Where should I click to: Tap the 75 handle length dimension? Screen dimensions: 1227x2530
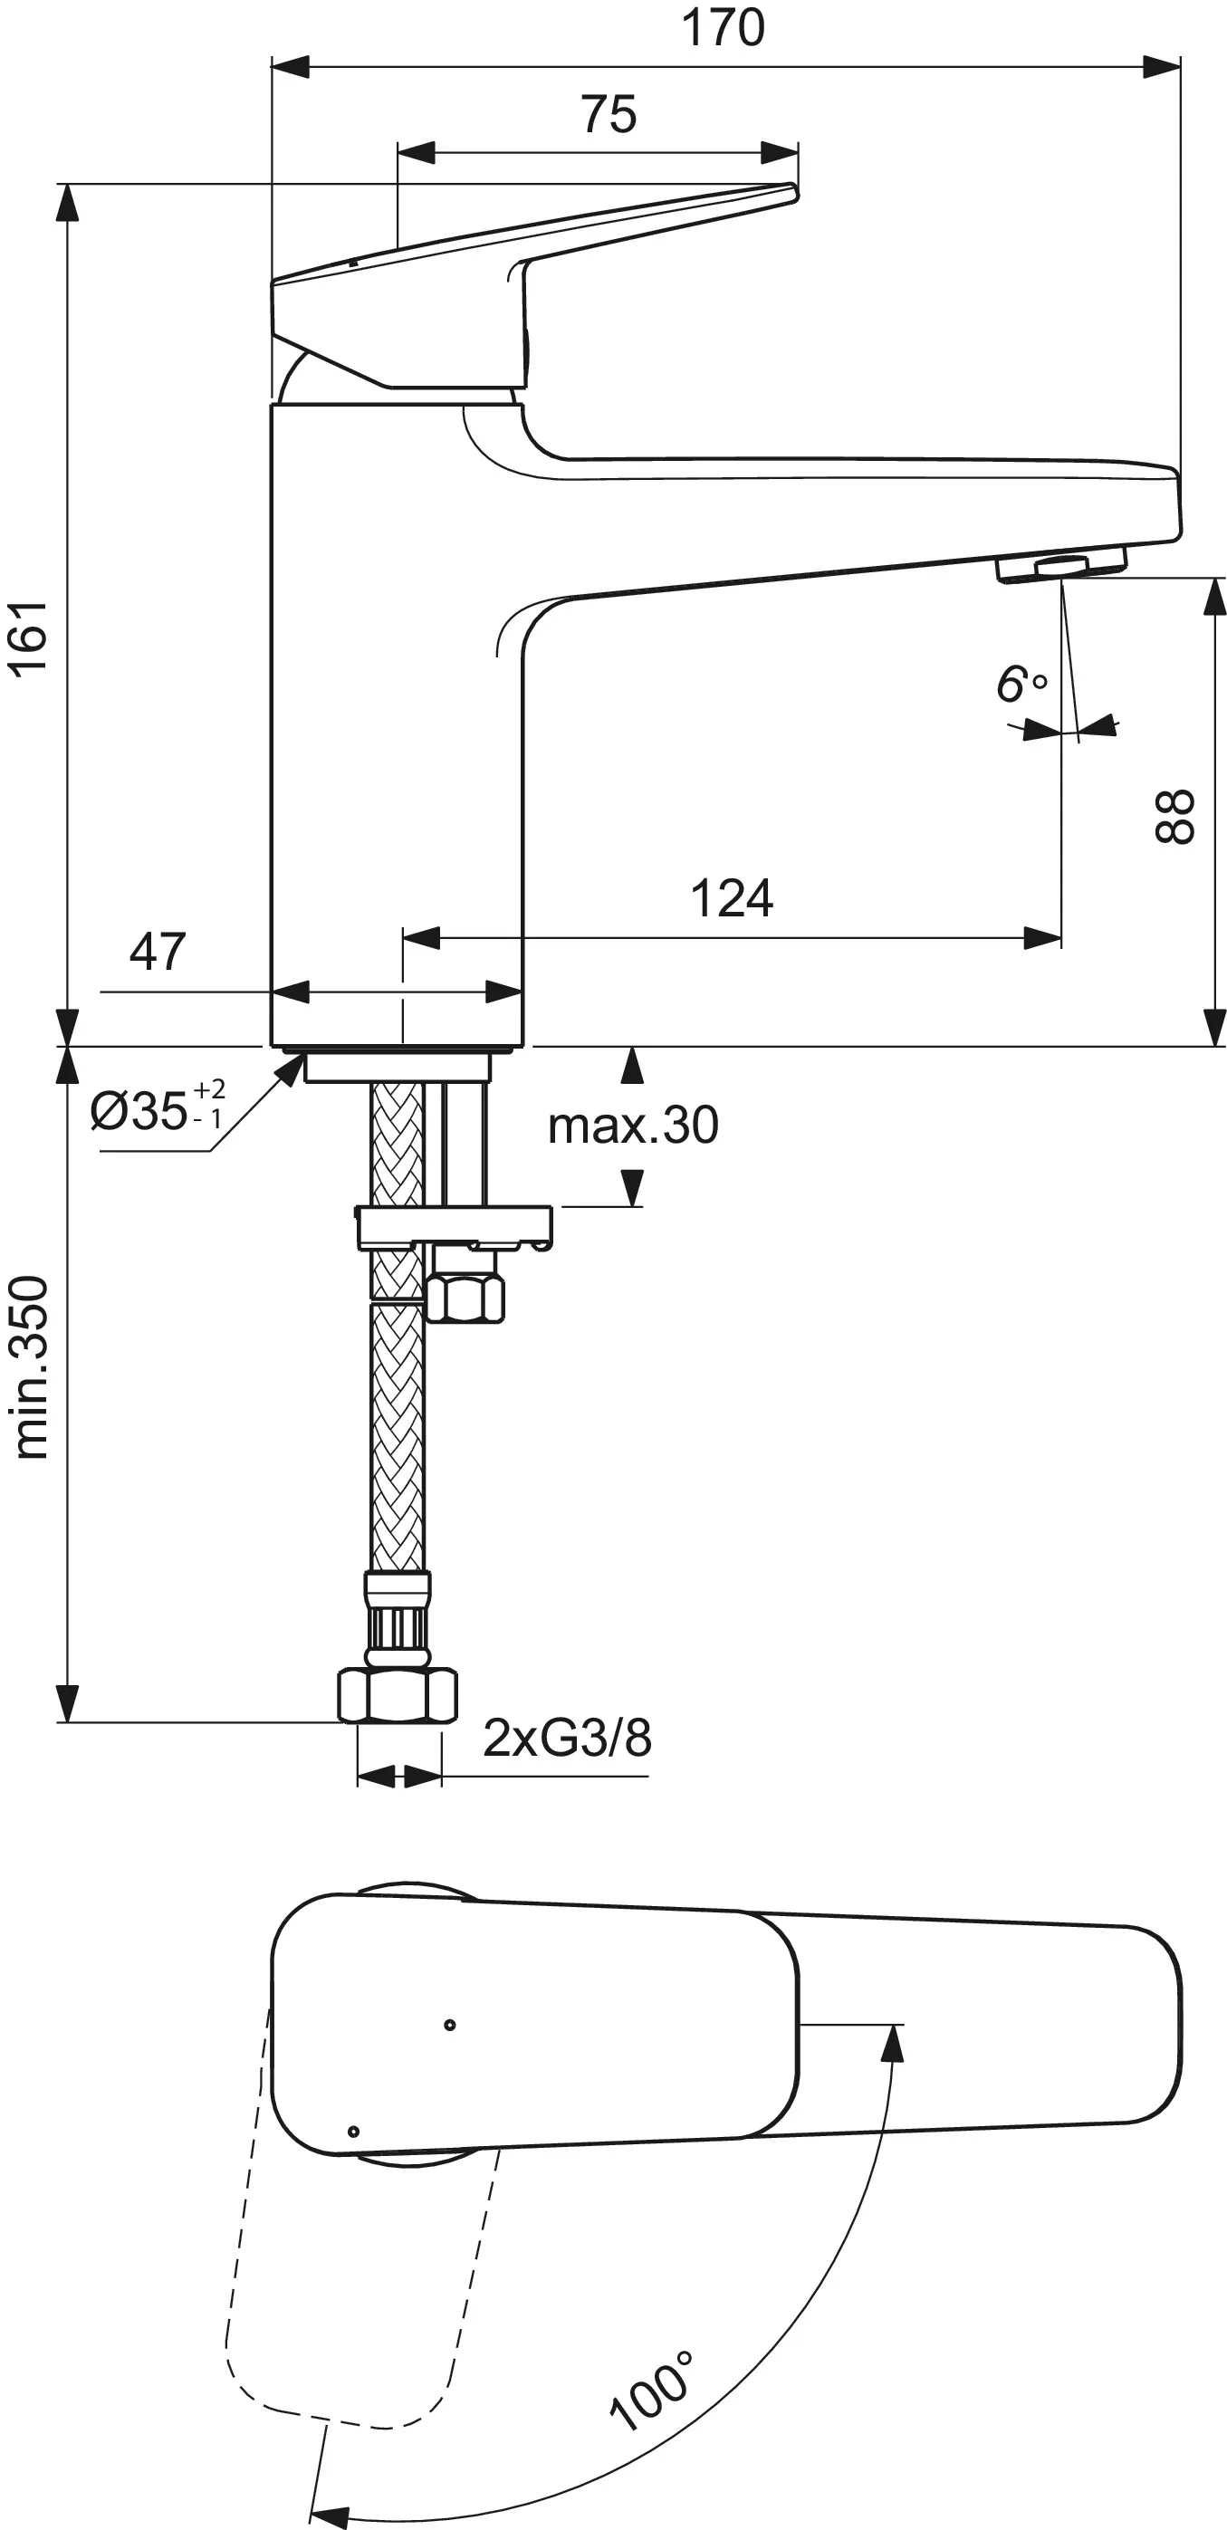point(609,114)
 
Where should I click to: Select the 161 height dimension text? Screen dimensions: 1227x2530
point(30,637)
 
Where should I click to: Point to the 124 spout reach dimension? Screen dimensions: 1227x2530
point(732,897)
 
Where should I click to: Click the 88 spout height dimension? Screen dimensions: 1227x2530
point(1173,816)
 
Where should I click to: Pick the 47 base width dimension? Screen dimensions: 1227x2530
point(158,951)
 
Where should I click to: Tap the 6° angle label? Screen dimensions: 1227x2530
point(1021,684)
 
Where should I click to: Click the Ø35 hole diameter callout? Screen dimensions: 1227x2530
point(158,1107)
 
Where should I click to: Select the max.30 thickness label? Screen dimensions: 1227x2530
point(634,1126)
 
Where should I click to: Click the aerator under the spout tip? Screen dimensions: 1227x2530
point(1060,568)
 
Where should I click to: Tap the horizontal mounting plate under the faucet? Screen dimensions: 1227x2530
point(454,1227)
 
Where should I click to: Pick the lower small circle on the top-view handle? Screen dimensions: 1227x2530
point(354,2132)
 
